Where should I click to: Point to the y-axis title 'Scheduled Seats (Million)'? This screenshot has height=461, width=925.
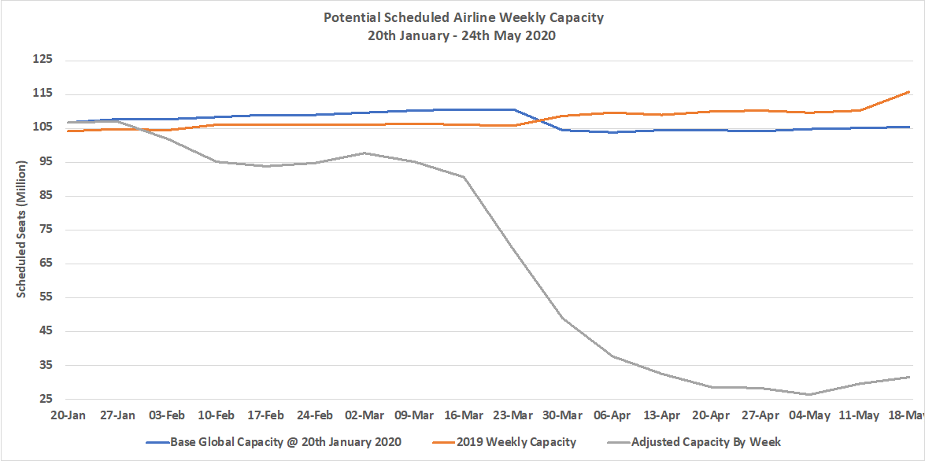point(22,228)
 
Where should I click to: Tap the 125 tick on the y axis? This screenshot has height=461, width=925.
point(41,60)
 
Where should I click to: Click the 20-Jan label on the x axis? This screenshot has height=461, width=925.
point(68,415)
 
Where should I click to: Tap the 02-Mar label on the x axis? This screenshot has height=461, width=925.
point(364,415)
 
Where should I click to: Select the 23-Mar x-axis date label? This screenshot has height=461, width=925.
point(513,415)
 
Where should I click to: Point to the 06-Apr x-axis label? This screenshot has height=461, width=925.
point(612,415)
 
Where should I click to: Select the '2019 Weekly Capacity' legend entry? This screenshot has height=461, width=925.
point(519,442)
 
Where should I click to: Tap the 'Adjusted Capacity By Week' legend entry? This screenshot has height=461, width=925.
point(705,442)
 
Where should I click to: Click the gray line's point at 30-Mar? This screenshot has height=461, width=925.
point(563,318)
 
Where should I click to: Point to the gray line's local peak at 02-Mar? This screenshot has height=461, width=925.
point(364,153)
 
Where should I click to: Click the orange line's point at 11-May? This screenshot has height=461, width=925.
point(860,110)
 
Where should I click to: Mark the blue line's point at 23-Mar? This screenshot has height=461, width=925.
point(513,109)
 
